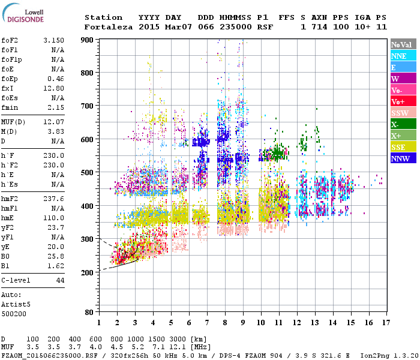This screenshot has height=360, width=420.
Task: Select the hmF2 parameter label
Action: coord(11,198)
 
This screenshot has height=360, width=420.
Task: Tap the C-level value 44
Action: coord(59,280)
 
